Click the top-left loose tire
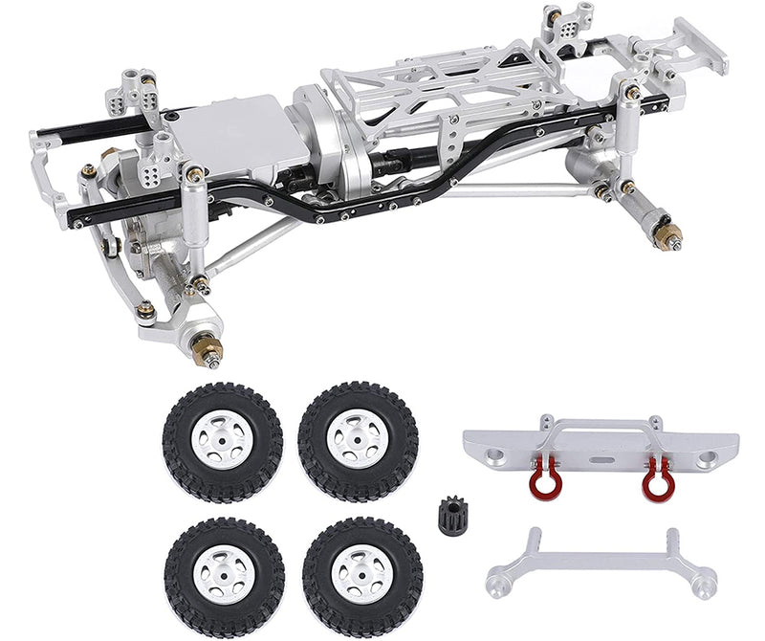click(x=222, y=441)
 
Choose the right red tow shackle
click(x=656, y=475)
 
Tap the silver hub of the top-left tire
click(x=222, y=441)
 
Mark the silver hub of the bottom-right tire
click(x=361, y=574)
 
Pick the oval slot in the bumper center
click(x=600, y=457)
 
